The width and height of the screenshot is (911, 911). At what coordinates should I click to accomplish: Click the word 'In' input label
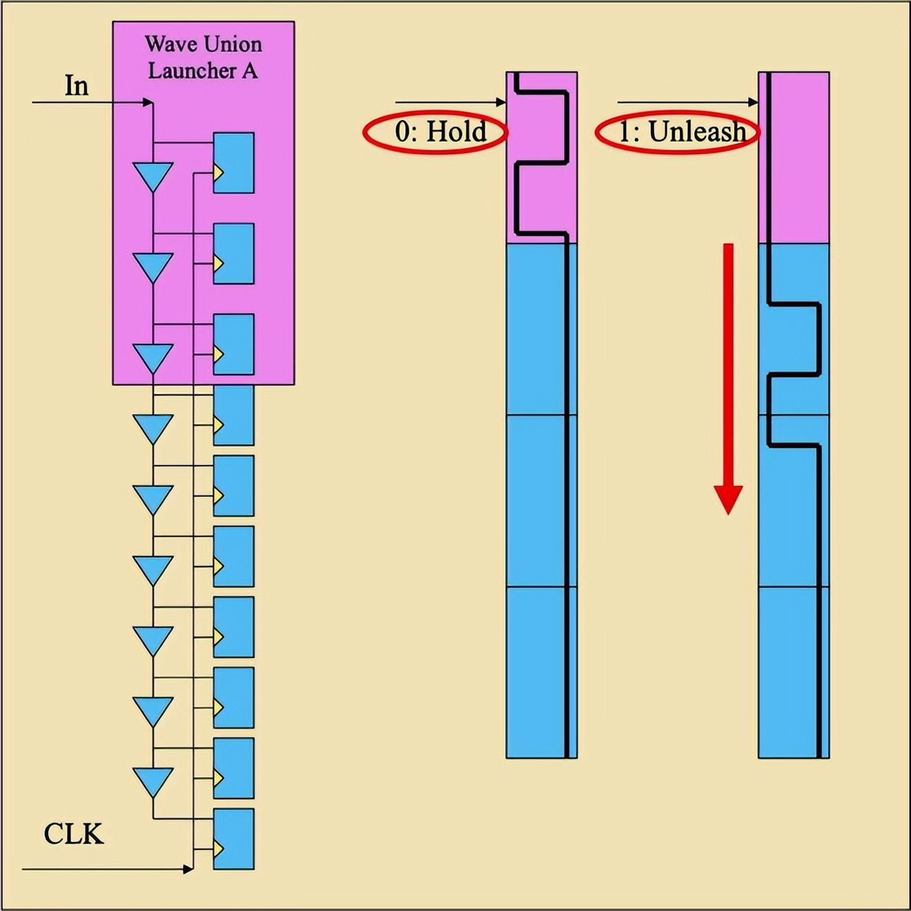[x=77, y=86]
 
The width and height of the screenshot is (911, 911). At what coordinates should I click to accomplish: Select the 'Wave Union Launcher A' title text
[x=204, y=57]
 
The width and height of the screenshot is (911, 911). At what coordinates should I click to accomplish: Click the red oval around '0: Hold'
[x=435, y=132]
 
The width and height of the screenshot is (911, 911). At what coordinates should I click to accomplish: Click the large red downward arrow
[x=729, y=379]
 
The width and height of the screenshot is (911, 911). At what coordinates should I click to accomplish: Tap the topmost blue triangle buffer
[x=153, y=177]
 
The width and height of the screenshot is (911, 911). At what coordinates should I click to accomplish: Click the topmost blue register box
[x=233, y=163]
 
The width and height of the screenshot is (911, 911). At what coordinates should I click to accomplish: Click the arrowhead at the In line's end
[x=148, y=102]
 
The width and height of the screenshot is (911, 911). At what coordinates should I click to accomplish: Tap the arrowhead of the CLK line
[x=188, y=869]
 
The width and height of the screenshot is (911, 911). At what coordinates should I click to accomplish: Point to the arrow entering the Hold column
[x=451, y=101]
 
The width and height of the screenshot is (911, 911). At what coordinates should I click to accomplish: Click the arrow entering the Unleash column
[x=688, y=101]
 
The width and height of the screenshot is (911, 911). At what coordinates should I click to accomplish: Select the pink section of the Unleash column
[x=794, y=157]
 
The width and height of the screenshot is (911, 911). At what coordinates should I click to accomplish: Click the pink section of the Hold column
[x=542, y=157]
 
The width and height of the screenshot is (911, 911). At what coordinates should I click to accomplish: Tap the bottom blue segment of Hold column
[x=542, y=673]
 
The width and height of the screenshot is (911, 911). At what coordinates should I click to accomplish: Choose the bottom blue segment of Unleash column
[x=794, y=673]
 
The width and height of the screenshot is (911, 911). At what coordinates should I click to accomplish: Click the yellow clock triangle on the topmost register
[x=218, y=173]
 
